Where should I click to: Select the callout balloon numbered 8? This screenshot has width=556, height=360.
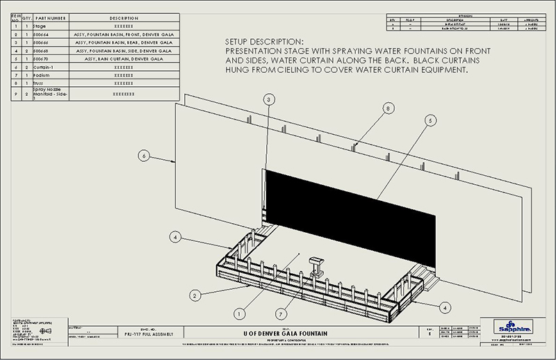coord(388,108)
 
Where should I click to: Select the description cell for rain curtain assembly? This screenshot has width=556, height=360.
coord(123,59)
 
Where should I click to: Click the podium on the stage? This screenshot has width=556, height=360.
coord(317,263)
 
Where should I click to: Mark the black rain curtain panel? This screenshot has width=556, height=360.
coord(354,215)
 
